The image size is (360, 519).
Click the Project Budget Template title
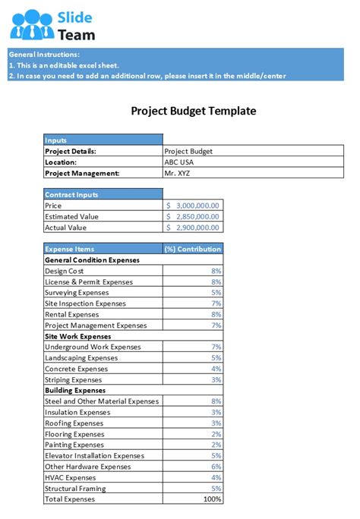click(x=194, y=111)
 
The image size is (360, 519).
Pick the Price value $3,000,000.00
click(x=193, y=206)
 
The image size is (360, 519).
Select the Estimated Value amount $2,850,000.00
click(x=193, y=216)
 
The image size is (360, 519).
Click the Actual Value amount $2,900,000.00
click(x=193, y=228)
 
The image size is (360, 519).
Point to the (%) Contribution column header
click(x=193, y=249)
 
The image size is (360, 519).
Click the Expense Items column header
click(x=70, y=249)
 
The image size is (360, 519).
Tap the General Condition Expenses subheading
click(x=92, y=259)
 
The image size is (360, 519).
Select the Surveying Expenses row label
click(x=77, y=292)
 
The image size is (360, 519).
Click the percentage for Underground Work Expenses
click(x=216, y=347)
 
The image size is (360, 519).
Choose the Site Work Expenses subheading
click(x=78, y=336)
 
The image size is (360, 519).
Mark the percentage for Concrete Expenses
click(x=216, y=369)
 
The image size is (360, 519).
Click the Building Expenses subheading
click(x=74, y=390)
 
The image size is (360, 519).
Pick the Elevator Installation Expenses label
click(x=94, y=456)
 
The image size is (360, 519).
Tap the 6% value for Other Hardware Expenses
click(x=216, y=467)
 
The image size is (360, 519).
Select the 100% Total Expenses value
click(x=212, y=499)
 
